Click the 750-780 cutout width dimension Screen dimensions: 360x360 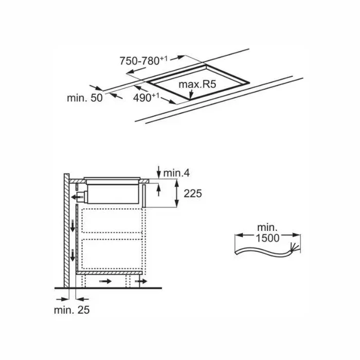pyautogui.click(x=143, y=60)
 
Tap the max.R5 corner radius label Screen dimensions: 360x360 pyautogui.click(x=197, y=84)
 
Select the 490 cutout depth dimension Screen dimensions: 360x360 pyautogui.click(x=146, y=98)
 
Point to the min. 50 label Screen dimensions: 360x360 pyautogui.click(x=85, y=98)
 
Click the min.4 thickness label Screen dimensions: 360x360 pyautogui.click(x=176, y=173)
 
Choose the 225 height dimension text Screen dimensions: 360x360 pyautogui.click(x=193, y=193)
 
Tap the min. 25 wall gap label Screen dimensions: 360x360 pyautogui.click(x=71, y=310)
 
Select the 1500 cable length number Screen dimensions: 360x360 pyautogui.click(x=267, y=238)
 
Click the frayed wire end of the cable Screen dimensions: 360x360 pyautogui.click(x=295, y=247)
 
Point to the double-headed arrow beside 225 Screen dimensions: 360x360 pyautogui.click(x=176, y=193)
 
